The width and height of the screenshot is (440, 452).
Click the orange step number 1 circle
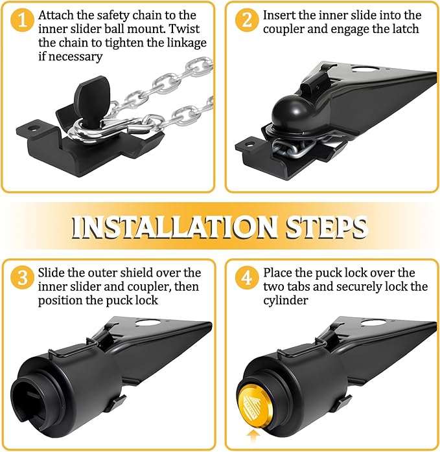click(23, 20)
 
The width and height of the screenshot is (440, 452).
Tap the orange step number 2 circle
click(245, 20)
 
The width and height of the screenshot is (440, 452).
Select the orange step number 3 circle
click(23, 278)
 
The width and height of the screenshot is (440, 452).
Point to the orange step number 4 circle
click(245, 278)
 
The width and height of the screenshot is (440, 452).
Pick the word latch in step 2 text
click(402, 29)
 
